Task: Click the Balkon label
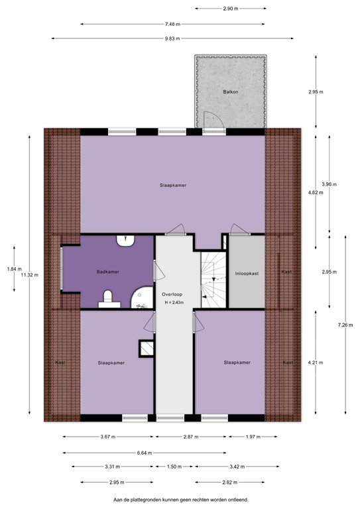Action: (x=231, y=92)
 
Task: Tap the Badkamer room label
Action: (x=107, y=272)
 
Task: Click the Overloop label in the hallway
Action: (x=172, y=294)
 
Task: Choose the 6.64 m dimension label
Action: (x=142, y=453)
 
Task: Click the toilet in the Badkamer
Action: (x=107, y=302)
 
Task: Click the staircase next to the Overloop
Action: (x=214, y=280)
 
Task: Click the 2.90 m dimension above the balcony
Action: (x=231, y=9)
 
